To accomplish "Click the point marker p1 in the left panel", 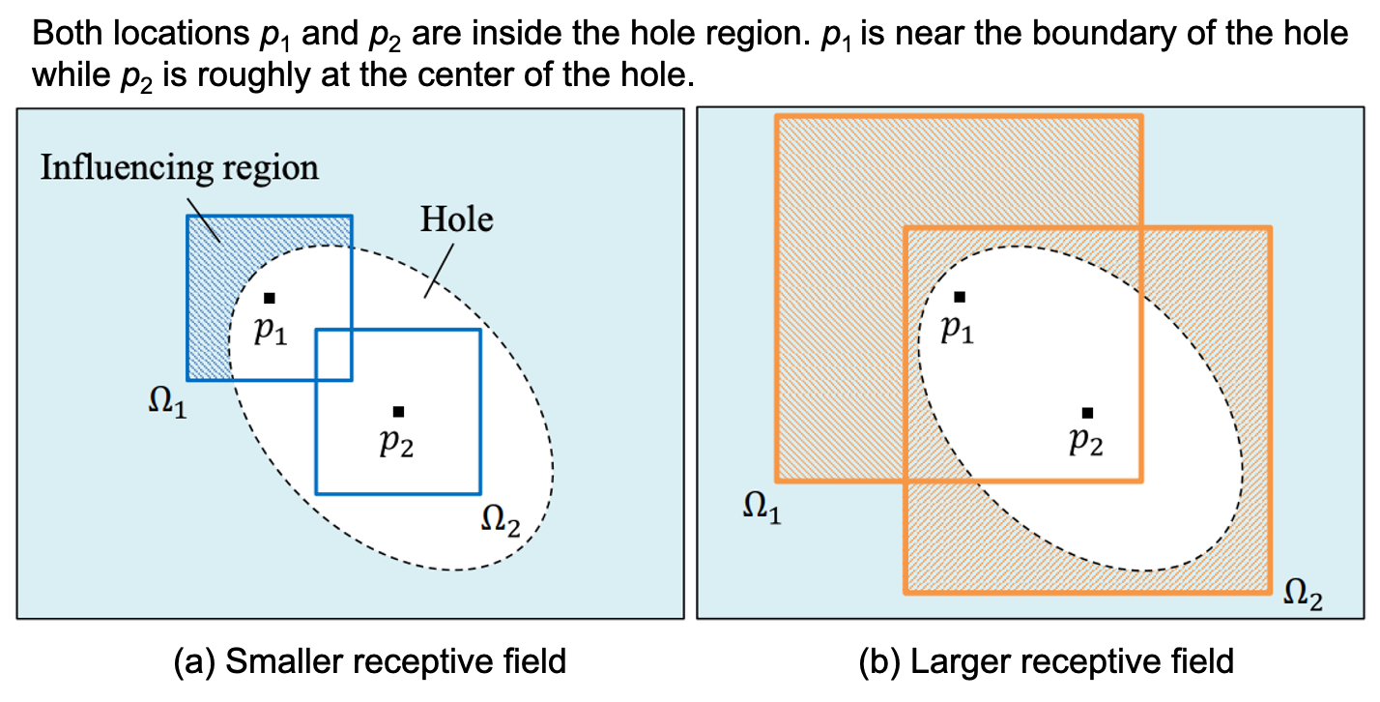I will [x=270, y=298].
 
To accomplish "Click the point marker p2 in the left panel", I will [x=398, y=412].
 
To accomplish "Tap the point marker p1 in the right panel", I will [x=960, y=297].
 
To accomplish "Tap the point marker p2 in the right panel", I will [x=1087, y=413].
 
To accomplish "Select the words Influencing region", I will [x=179, y=167].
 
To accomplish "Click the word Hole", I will [x=456, y=219].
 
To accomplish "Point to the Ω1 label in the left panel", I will [x=167, y=402].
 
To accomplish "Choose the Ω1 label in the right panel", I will [x=762, y=508].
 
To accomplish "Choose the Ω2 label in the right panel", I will [x=1302, y=595].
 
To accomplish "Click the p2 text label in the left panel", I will [x=396, y=444].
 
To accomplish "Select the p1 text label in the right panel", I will [x=957, y=331].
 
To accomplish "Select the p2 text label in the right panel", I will [x=1085, y=443].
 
